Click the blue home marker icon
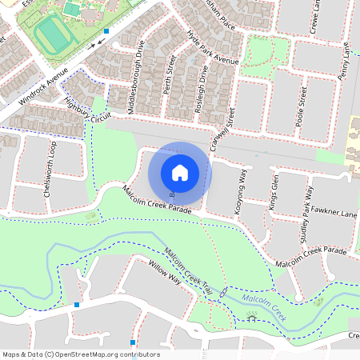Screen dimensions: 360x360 coord(180,172)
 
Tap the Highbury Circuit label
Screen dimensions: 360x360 coord(86,110)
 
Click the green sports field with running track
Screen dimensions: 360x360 coord(53,36)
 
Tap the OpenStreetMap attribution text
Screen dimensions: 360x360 coord(81,354)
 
